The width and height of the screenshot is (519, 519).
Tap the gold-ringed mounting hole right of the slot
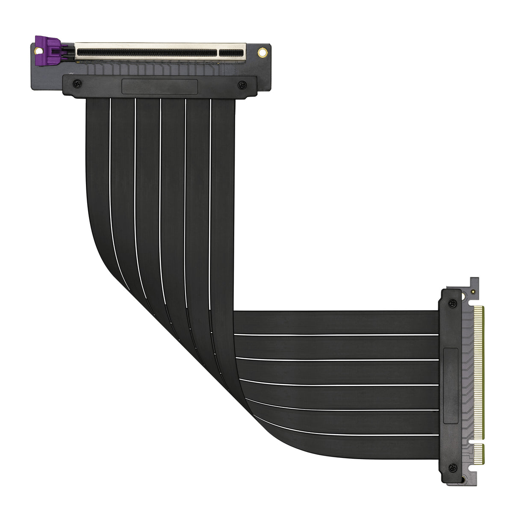(262, 53)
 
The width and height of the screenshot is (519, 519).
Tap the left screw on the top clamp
(76, 83)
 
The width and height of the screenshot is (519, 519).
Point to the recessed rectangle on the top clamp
(159, 86)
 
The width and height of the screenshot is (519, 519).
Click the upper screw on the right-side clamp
(453, 304)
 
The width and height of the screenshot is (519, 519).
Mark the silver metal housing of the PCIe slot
(160, 45)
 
